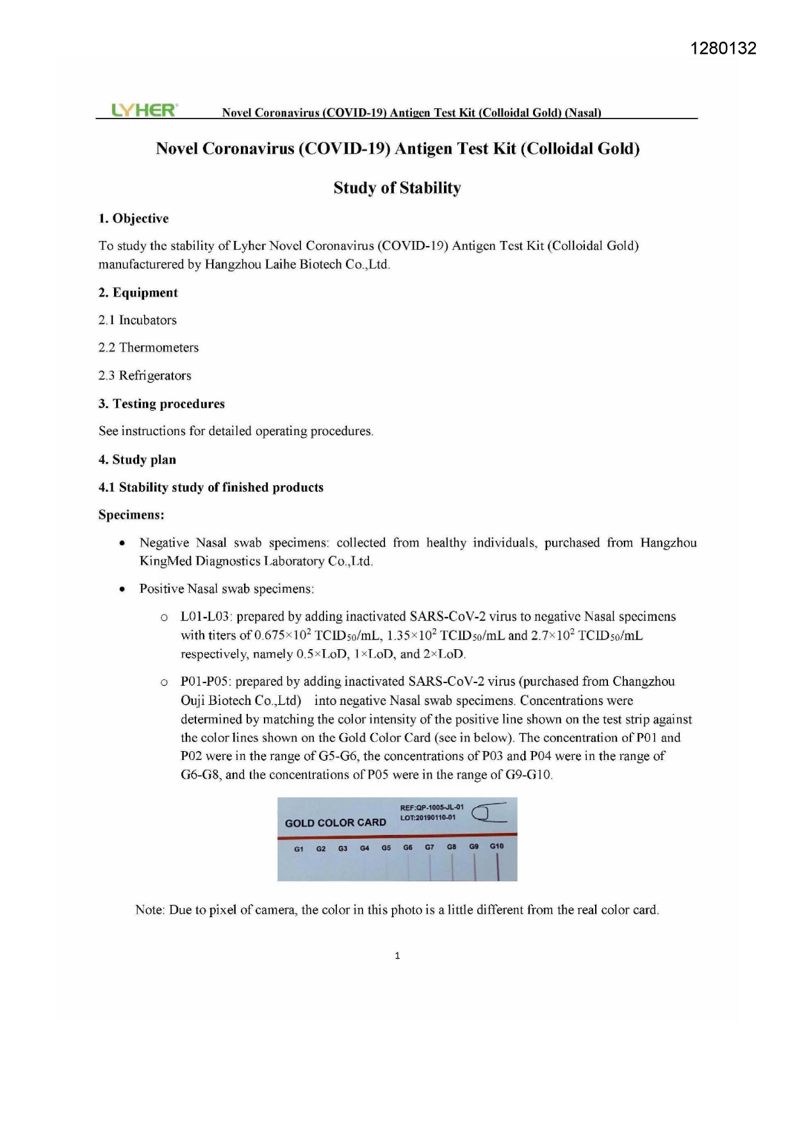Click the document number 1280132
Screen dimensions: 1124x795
(x=724, y=49)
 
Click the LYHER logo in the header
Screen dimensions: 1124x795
(x=144, y=110)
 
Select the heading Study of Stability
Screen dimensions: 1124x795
(x=397, y=188)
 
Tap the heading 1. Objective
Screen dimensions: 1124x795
(x=133, y=219)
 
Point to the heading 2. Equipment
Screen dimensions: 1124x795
(x=138, y=293)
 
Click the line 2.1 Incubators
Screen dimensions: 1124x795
(x=137, y=320)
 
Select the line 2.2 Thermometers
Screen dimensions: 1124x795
(x=148, y=347)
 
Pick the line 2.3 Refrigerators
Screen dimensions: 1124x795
(x=144, y=376)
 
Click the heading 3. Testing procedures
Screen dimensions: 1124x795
(x=161, y=404)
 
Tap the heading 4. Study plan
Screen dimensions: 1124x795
(x=137, y=459)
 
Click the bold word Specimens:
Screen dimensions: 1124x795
(x=131, y=515)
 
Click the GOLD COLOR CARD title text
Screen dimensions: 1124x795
(x=335, y=823)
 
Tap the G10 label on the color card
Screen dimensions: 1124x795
(x=496, y=846)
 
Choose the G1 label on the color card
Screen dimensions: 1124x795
(x=299, y=849)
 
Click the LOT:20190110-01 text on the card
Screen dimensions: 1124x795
(x=427, y=818)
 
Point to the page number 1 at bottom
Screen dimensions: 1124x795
(x=397, y=955)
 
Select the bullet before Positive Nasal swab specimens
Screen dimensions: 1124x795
(x=122, y=589)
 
